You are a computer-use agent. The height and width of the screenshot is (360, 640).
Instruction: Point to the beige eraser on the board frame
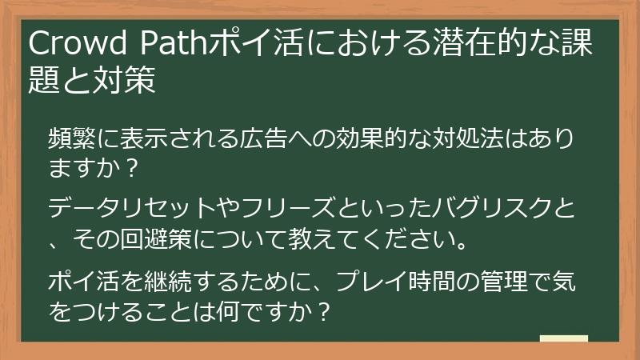point(563,339)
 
